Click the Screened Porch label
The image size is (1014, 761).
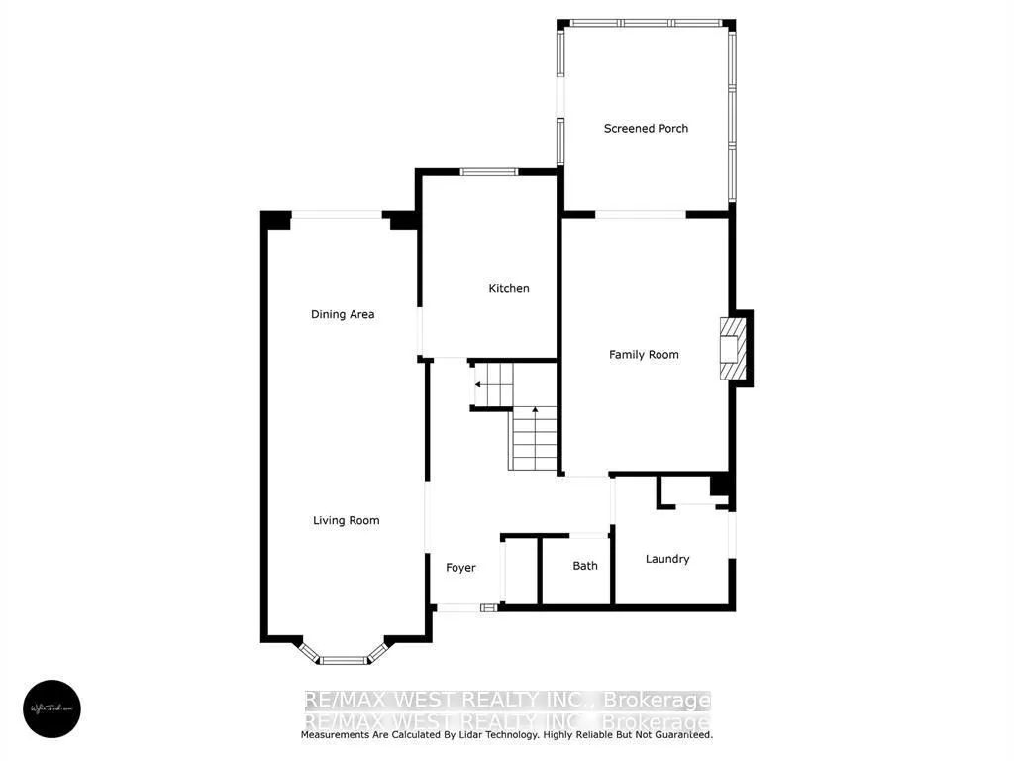pos(646,128)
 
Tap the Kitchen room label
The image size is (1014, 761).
pos(509,288)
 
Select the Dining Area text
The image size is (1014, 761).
pos(343,314)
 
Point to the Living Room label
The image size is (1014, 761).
pos(346,520)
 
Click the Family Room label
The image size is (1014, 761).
pos(644,354)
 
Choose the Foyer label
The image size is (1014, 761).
pos(460,568)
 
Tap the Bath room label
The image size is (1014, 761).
pos(585,566)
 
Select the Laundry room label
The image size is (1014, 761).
pos(667,559)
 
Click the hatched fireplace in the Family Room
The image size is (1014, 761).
pos(731,348)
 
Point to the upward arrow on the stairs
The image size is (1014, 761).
pos(535,409)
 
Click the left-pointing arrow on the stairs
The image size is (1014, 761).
pos(478,383)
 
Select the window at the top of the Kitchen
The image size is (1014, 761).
pos(489,172)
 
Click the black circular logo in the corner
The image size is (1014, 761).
pos(51,708)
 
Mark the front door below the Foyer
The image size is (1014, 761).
pos(457,607)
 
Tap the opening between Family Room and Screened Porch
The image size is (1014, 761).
pos(641,214)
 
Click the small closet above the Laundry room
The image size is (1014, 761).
pos(683,490)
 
